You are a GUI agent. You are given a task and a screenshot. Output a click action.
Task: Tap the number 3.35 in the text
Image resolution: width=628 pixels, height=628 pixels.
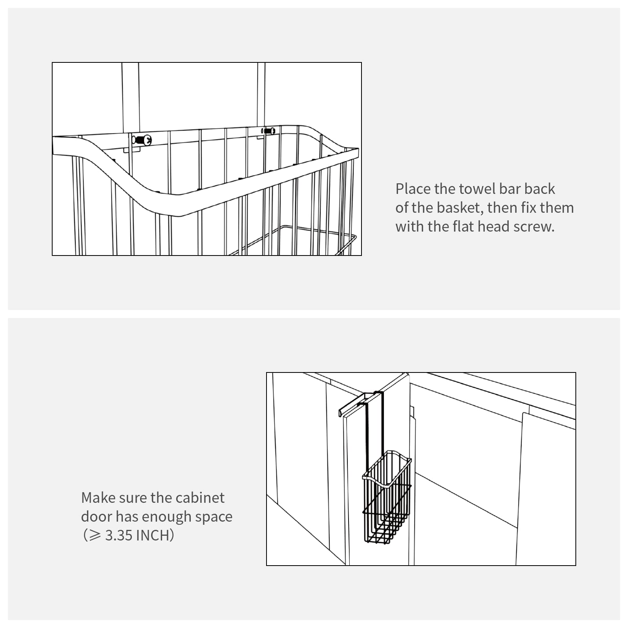(119, 535)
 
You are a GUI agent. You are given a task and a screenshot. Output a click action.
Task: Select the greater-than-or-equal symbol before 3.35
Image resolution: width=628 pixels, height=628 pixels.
(95, 535)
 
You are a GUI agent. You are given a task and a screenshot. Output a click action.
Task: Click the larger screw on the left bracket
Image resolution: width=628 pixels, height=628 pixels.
(142, 140)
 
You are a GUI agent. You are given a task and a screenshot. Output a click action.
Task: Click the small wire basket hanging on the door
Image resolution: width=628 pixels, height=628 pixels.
(387, 497)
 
